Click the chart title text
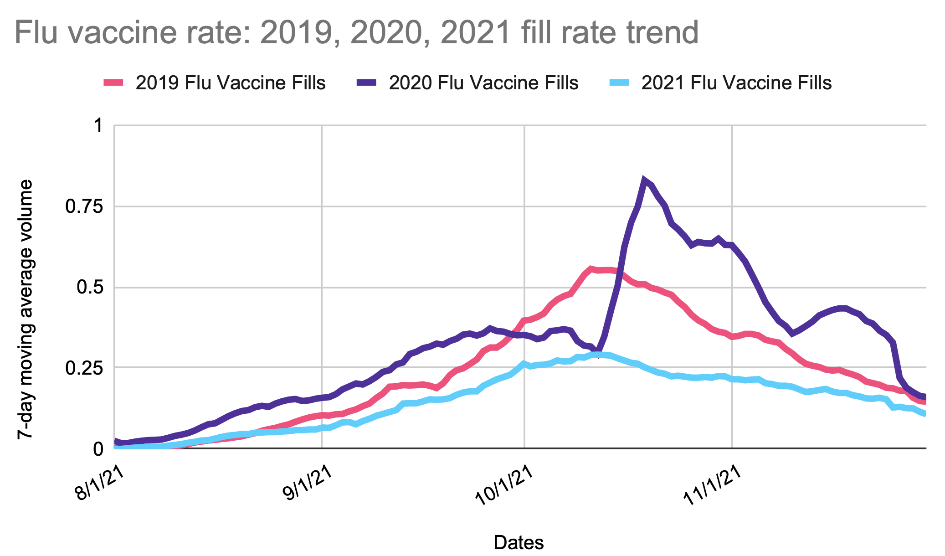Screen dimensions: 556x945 click(x=356, y=33)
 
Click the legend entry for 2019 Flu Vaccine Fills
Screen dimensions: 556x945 click(x=231, y=83)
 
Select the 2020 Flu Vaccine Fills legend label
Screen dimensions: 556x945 click(x=483, y=83)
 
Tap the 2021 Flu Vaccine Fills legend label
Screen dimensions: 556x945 click(x=736, y=83)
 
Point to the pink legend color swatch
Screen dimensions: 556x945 click(x=113, y=83)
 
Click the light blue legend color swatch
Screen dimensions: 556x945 click(x=619, y=83)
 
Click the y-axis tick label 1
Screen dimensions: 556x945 click(x=98, y=125)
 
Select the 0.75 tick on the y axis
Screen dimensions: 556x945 click(x=84, y=206)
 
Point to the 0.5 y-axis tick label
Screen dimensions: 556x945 click(x=89, y=288)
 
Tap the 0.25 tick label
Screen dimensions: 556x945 click(x=84, y=368)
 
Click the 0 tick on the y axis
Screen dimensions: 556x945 click(x=98, y=449)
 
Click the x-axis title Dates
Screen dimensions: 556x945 click(x=519, y=542)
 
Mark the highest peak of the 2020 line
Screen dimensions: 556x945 click(x=644, y=180)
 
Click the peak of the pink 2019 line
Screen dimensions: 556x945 click(x=591, y=269)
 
